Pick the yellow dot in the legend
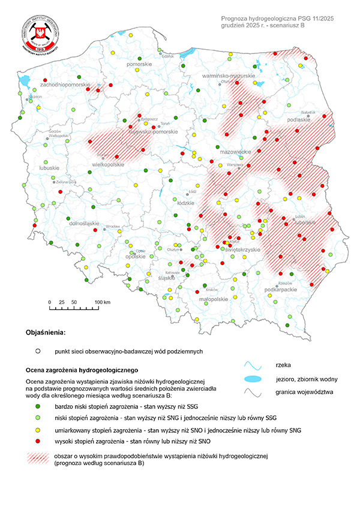click(x=37, y=430)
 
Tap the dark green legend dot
click(x=37, y=406)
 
